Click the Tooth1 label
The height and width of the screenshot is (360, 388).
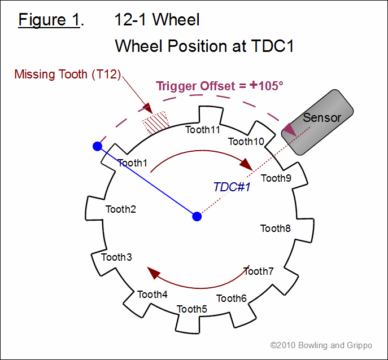point(132,163)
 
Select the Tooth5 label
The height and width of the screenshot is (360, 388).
point(192,309)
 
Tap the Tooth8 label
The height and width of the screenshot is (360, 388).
point(276,229)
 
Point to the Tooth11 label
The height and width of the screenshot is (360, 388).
point(203,130)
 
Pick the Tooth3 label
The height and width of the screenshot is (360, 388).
point(116,257)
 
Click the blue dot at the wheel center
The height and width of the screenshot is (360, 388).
point(197,216)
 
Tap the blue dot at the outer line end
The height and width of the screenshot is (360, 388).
point(98,146)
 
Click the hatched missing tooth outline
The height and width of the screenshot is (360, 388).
point(156,122)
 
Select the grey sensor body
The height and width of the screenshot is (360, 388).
point(317,122)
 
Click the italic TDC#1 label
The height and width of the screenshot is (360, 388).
point(232,187)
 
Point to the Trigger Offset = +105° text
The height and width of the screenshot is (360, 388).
point(220,86)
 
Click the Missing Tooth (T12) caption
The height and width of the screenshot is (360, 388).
point(68,74)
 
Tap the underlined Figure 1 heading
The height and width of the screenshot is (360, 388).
point(49,20)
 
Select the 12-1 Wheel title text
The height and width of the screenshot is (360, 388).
point(157,20)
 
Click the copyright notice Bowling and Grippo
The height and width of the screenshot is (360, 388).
point(321,345)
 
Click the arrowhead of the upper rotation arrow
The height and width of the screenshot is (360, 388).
point(246,164)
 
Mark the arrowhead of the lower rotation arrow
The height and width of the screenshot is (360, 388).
point(154,273)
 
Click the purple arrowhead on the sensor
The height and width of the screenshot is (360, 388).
point(290,130)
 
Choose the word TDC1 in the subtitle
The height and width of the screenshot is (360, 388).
point(272,46)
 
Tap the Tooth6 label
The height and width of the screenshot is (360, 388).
point(232,298)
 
